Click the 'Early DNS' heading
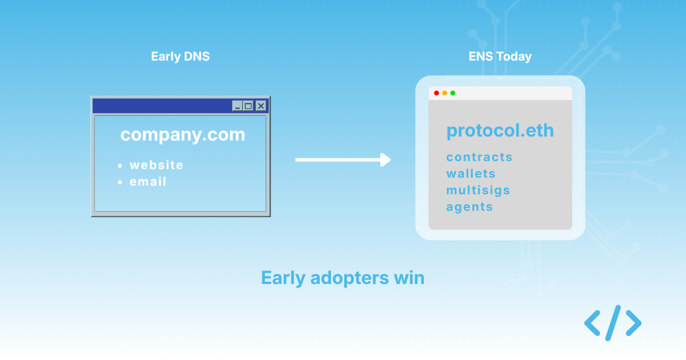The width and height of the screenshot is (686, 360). [180, 57]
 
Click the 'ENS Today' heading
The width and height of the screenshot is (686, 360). [500, 57]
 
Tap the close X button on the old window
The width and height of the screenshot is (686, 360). [261, 106]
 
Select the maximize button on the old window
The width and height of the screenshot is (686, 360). [248, 106]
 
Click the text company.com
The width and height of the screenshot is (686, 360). [182, 135]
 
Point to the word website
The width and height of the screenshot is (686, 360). [157, 165]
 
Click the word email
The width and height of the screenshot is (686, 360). [148, 182]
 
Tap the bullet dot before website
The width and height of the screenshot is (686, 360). [120, 166]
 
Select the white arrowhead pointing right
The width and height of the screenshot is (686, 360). [385, 159]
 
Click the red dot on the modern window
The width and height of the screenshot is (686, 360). [437, 93]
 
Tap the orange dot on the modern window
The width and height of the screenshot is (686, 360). [445, 93]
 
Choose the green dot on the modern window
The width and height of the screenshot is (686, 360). [453, 93]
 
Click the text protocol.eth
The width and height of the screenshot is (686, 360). [500, 131]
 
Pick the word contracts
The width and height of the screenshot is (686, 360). [479, 157]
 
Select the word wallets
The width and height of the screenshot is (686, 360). [470, 174]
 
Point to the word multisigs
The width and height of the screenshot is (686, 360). [478, 190]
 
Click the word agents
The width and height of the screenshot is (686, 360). [469, 207]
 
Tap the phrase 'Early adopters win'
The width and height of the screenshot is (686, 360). [342, 278]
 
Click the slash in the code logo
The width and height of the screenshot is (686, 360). [612, 323]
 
